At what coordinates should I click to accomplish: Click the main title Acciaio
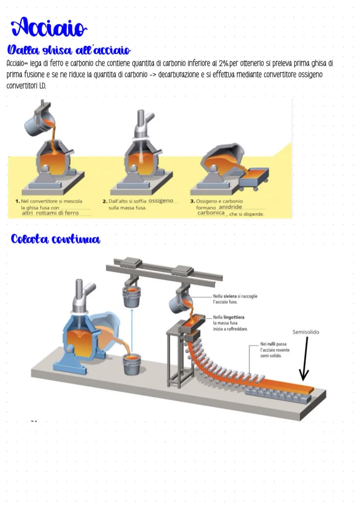point(49,27)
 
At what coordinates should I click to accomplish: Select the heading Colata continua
point(55,239)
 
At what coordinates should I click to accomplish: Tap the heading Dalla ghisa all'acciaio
point(69,50)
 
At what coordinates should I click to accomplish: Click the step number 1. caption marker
point(17,201)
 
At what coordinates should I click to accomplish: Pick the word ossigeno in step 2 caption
point(161,200)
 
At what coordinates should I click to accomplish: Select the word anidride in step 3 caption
point(230,207)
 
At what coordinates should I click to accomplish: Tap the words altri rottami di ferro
point(50,213)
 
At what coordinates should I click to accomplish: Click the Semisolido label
point(306,332)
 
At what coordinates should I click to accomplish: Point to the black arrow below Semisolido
point(305,359)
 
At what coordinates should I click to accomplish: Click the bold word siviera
point(230,296)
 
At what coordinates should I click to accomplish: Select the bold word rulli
point(271,344)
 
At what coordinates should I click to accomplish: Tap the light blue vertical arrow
point(132,331)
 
